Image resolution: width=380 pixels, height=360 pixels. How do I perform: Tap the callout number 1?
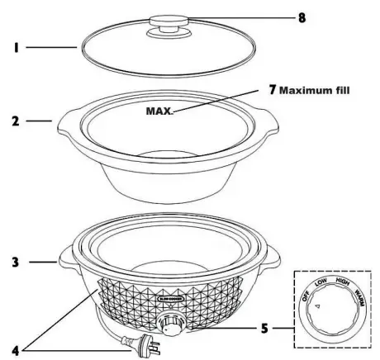pos(15,49)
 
